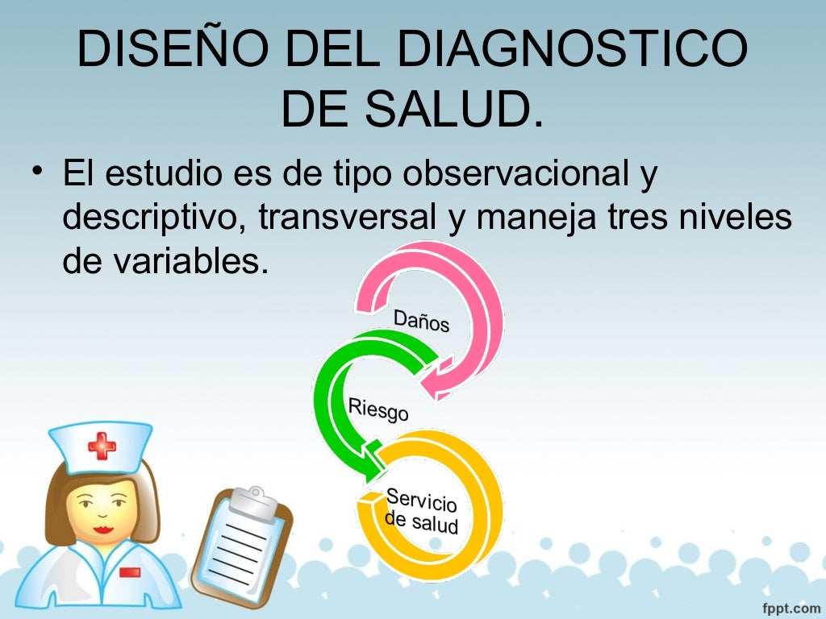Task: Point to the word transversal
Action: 349,218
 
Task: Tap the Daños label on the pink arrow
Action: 421,322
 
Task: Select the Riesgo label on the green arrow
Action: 378,409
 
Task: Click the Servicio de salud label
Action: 422,511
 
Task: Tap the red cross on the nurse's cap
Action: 102,445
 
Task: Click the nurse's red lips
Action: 102,529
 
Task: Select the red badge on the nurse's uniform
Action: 129,572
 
